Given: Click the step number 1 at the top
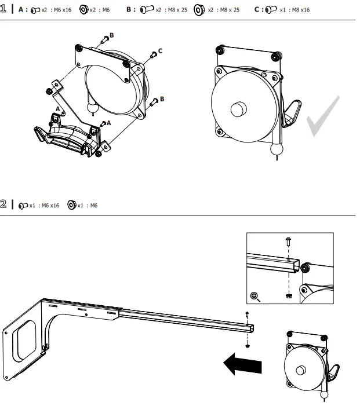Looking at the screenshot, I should tap(4, 10).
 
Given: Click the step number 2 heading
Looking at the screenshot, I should tap(4, 204).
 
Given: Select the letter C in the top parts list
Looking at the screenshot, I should tap(257, 10).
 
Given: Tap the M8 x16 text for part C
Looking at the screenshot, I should tap(299, 10).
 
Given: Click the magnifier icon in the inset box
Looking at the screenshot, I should tap(254, 296).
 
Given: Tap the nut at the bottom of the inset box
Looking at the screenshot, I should tap(288, 295).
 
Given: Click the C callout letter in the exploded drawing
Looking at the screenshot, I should tap(160, 51).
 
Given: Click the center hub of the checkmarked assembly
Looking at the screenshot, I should tap(238, 110).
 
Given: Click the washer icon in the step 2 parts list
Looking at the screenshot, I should tap(72, 204).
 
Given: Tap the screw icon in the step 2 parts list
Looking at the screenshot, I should tap(23, 205).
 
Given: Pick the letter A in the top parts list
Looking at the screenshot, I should tap(21, 10).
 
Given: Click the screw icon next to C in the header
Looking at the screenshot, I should tap(270, 10).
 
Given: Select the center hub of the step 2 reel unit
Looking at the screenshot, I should tap(303, 371).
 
